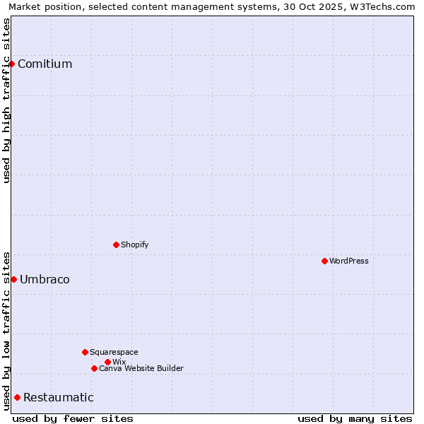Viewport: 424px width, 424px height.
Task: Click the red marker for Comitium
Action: tap(11, 64)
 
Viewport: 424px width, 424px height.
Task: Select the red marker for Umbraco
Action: tap(13, 279)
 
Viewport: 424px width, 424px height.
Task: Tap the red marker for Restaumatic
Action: tap(17, 397)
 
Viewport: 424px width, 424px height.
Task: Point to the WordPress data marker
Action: tap(324, 261)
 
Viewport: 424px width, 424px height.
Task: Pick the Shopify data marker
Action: tap(116, 245)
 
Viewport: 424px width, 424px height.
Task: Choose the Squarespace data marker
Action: tap(85, 352)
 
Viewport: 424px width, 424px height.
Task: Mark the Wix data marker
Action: tap(107, 362)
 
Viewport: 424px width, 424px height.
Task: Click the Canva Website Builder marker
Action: tap(94, 368)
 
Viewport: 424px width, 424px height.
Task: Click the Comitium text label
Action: tap(45, 64)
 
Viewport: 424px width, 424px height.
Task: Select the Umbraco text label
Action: tap(45, 279)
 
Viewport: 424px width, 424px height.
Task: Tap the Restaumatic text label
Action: tap(58, 397)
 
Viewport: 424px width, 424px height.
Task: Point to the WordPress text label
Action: tap(349, 261)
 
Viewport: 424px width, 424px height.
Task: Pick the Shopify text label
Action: tap(135, 245)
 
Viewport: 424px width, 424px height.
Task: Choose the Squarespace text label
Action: tap(114, 352)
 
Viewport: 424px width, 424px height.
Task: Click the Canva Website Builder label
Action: tap(141, 368)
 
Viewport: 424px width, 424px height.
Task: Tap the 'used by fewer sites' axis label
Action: tap(73, 418)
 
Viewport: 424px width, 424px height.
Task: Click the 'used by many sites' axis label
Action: tap(355, 418)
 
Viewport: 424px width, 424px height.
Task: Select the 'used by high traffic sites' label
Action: tap(6, 100)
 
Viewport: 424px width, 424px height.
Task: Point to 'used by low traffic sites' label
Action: tap(6, 331)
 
